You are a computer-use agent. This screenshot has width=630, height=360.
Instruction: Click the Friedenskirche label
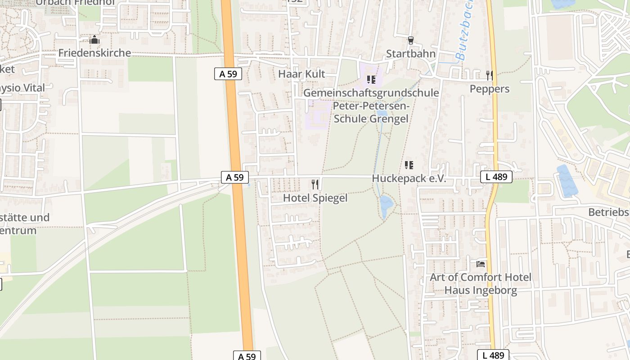94,53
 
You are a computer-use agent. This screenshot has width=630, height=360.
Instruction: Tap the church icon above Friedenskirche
94,40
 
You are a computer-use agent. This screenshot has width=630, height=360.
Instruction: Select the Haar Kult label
301,74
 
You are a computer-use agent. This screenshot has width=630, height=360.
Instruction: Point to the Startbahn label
411,54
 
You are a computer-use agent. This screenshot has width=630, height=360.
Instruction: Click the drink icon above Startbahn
410,40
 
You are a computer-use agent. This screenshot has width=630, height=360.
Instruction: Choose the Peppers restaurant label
490,89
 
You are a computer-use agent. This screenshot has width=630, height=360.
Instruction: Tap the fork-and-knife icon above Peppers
490,75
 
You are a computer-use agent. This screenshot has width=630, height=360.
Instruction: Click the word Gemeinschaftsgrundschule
371,93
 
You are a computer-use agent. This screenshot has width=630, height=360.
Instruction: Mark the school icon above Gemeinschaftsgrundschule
371,80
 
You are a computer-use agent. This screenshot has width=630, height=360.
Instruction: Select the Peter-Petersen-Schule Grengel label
371,112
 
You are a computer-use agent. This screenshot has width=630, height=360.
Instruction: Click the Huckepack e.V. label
409,179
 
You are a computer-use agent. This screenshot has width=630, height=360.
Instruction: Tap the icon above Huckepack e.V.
409,165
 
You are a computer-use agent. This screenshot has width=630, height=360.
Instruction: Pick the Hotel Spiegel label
315,198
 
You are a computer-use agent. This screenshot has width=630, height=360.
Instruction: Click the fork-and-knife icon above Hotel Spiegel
315,184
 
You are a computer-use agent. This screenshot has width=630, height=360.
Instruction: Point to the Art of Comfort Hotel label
481,277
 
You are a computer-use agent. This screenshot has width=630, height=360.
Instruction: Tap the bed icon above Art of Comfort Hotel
481,264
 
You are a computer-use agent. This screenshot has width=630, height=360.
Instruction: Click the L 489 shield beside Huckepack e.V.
496,177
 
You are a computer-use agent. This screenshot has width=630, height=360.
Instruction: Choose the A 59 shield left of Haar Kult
228,74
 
